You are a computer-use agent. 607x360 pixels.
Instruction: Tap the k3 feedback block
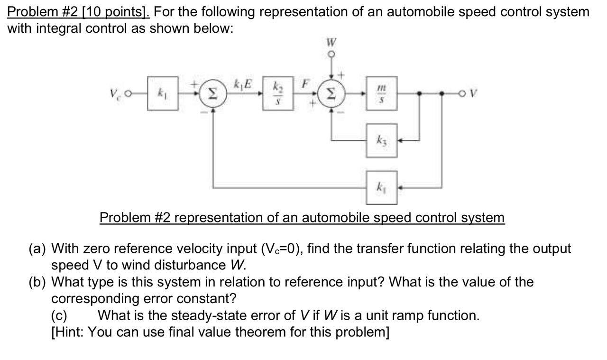point(381,140)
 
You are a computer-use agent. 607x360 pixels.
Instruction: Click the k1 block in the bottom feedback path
point(381,186)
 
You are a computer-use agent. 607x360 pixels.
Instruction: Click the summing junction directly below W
point(331,94)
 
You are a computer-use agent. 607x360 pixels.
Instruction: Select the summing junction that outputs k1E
point(213,94)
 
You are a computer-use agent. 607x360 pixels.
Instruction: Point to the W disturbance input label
point(330,43)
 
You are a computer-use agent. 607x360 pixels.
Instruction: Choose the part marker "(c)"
point(60,315)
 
